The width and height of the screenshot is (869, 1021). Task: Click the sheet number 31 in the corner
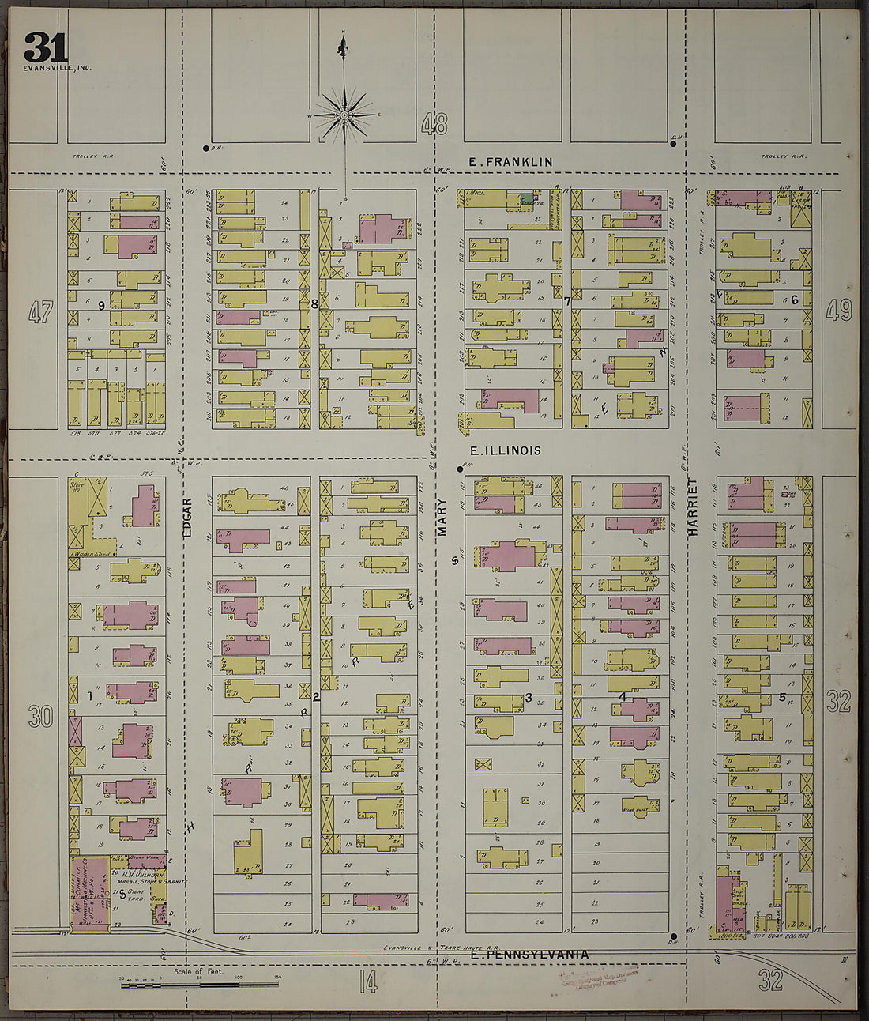(x=45, y=47)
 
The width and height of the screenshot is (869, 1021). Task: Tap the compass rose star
(x=344, y=115)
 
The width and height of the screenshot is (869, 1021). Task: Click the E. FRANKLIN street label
(x=510, y=162)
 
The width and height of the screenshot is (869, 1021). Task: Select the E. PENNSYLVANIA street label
(x=529, y=955)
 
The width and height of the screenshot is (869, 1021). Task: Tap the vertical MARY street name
(x=442, y=518)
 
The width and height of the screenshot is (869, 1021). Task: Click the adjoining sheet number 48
(x=434, y=124)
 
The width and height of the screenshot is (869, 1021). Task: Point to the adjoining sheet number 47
(x=40, y=312)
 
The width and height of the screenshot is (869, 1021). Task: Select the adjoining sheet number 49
(x=839, y=311)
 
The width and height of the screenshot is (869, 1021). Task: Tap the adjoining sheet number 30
(x=40, y=717)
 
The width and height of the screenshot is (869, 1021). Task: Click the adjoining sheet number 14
(x=367, y=982)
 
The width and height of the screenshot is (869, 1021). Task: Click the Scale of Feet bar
(x=197, y=985)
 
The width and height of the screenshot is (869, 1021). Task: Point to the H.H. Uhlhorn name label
(x=142, y=874)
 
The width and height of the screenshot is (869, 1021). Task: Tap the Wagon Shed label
(x=93, y=554)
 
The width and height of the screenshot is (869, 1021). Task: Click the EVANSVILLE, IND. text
(x=57, y=68)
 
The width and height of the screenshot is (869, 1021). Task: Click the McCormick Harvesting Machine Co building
(x=89, y=893)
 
